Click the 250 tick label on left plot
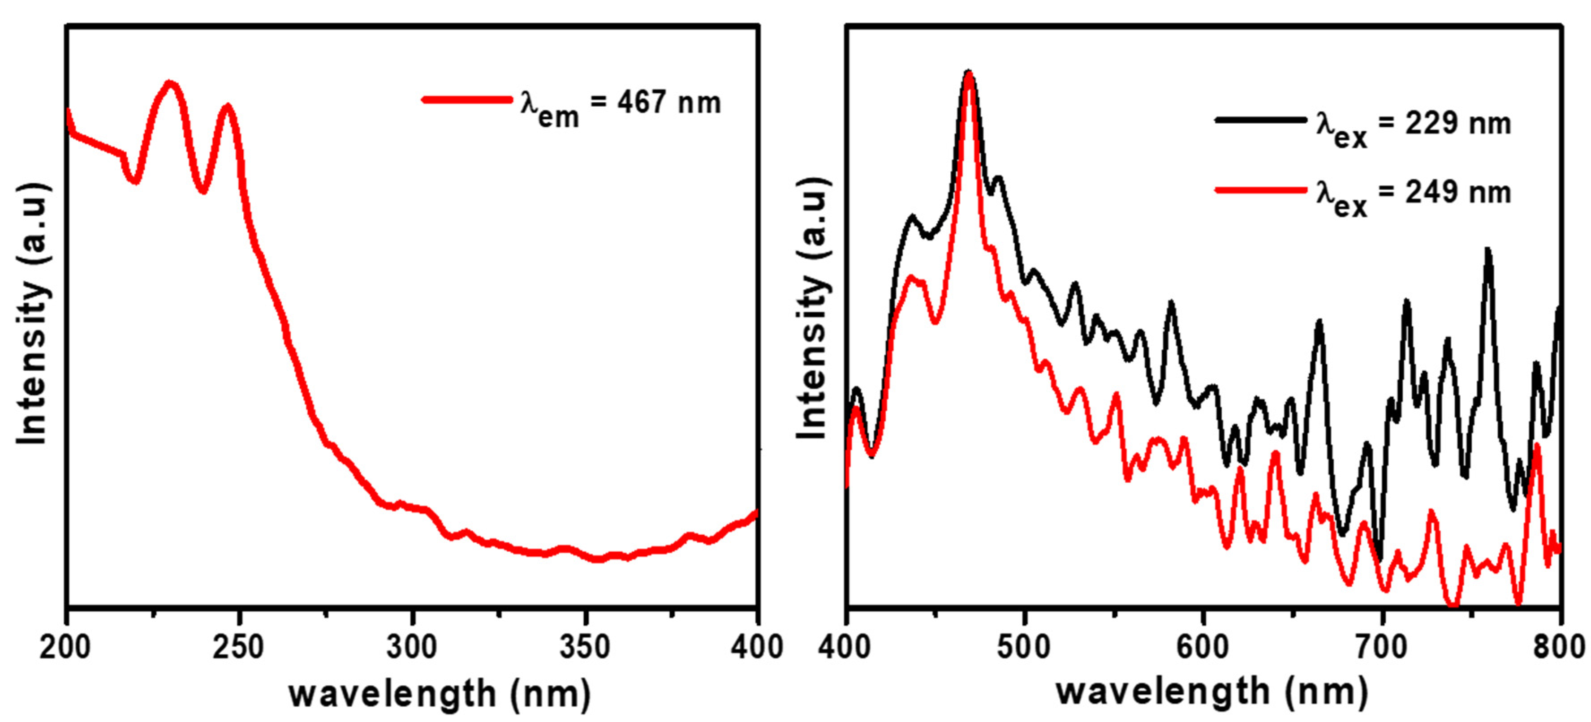pyautogui.click(x=238, y=647)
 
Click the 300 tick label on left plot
pyautogui.click(x=412, y=647)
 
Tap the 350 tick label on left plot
pyautogui.click(x=585, y=647)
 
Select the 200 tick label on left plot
pyautogui.click(x=65, y=647)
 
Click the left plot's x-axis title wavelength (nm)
pyautogui.click(x=440, y=694)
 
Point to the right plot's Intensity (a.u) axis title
pyautogui.click(x=812, y=309)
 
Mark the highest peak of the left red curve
pyautogui.click(x=170, y=84)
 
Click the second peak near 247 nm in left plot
pyautogui.click(x=227, y=107)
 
